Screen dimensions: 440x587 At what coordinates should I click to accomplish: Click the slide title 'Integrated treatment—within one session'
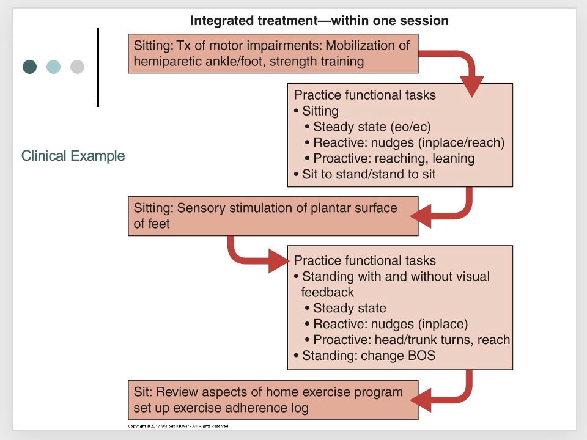(319, 21)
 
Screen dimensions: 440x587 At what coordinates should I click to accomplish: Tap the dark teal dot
(29, 67)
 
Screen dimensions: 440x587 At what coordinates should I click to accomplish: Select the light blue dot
(53, 67)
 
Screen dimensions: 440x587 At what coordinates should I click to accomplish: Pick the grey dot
(77, 67)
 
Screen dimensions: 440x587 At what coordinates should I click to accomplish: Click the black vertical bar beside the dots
(97, 67)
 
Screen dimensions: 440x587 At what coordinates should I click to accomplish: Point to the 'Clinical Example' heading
(73, 156)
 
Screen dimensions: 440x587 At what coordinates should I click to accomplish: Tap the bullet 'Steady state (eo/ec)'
(372, 127)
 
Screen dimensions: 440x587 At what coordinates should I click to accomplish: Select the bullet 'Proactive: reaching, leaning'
(394, 158)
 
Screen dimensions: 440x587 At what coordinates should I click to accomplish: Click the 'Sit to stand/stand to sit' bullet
(368, 174)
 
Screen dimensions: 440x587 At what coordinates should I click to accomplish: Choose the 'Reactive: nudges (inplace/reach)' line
(408, 143)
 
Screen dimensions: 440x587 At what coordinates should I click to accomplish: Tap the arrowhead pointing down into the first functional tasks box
(471, 86)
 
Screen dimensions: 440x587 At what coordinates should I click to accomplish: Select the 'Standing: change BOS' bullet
(368, 356)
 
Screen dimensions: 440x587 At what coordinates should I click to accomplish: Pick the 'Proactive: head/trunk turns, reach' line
(412, 340)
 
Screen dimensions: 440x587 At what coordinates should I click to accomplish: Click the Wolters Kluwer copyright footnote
(178, 426)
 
